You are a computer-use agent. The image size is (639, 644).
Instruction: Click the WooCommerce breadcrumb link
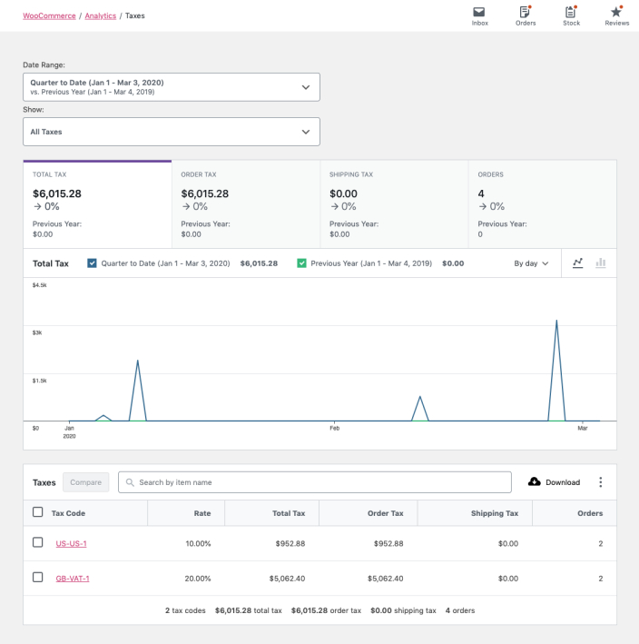49,15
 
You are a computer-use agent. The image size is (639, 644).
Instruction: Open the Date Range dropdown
172,87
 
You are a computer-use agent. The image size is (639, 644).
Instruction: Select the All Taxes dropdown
172,132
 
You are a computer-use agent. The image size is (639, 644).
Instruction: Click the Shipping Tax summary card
393,204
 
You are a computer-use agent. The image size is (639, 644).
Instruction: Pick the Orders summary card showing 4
542,204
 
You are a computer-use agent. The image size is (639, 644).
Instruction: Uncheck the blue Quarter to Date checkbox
92,263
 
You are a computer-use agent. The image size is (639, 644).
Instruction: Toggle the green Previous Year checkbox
301,263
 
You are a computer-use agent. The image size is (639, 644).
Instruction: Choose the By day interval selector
531,263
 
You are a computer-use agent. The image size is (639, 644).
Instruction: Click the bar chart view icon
600,263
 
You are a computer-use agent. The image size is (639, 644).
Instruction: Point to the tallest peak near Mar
555,321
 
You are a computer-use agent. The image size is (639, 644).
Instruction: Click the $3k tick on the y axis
37,332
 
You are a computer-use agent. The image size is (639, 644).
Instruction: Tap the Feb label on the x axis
333,428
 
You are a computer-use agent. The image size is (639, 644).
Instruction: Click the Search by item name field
315,482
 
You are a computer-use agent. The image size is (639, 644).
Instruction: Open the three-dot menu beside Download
600,482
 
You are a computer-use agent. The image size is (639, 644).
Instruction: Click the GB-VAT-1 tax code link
73,578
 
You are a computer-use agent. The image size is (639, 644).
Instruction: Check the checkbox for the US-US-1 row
38,542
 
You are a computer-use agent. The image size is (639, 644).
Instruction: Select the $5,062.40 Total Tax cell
286,578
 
